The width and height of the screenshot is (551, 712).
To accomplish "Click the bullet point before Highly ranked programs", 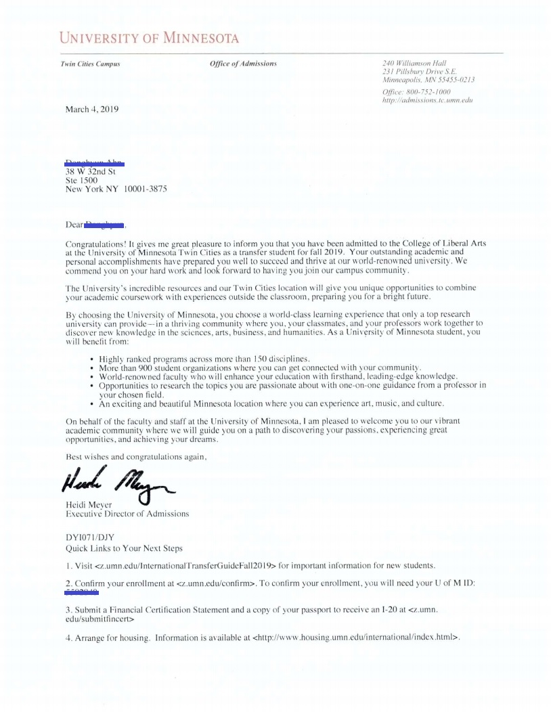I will point(92,358).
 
